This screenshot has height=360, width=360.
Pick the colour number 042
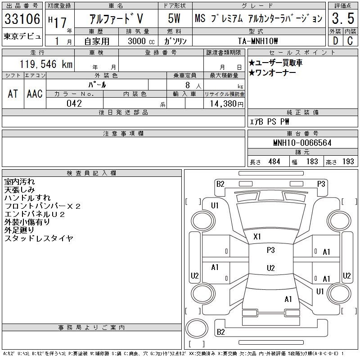pyautogui.click(x=74, y=103)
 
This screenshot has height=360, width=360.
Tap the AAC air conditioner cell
pyautogui.click(x=35, y=94)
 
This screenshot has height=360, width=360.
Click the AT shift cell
pyautogui.click(x=13, y=94)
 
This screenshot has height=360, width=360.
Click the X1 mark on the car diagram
pyautogui.click(x=257, y=236)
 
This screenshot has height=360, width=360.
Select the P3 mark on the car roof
pyautogui.click(x=270, y=250)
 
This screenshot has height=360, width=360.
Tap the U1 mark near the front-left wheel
pyautogui.click(x=215, y=206)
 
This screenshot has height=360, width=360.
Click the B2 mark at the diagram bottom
pyautogui.click(x=220, y=332)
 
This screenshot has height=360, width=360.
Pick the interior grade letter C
pyautogui.click(x=349, y=40)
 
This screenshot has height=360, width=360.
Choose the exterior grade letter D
pyautogui.click(x=335, y=40)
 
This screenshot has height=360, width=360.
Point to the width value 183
pyautogui.click(x=311, y=162)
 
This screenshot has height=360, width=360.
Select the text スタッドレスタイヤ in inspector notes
pyautogui.click(x=38, y=238)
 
